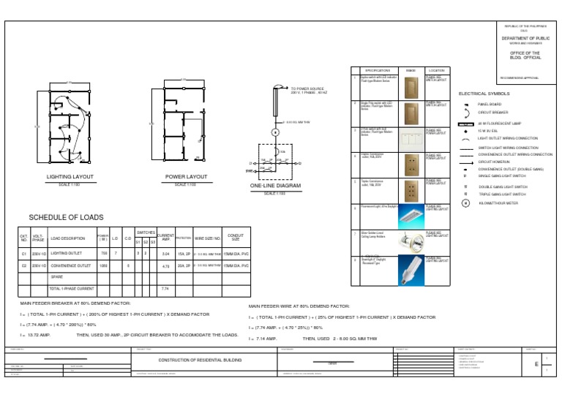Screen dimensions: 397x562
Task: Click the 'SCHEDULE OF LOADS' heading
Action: [66, 218]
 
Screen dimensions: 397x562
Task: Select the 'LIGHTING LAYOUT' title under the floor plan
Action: [70, 177]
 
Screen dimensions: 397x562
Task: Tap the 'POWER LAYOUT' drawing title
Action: [186, 177]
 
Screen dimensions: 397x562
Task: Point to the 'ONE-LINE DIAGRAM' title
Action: [275, 186]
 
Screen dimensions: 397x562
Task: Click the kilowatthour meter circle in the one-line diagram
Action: [276, 132]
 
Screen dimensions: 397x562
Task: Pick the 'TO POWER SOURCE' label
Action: [307, 88]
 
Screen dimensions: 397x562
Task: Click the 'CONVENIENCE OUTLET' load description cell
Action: [71, 266]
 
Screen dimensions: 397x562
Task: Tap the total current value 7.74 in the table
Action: [165, 290]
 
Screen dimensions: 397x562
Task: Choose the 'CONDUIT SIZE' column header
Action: [236, 238]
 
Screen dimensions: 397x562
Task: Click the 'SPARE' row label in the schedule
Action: [56, 278]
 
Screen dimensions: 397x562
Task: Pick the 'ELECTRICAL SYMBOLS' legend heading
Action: [484, 94]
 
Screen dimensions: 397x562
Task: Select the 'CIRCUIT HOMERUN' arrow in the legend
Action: [465, 162]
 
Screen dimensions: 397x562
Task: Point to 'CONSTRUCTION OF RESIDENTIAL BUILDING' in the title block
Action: [200, 360]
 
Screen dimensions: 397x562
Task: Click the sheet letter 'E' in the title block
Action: [536, 363]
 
